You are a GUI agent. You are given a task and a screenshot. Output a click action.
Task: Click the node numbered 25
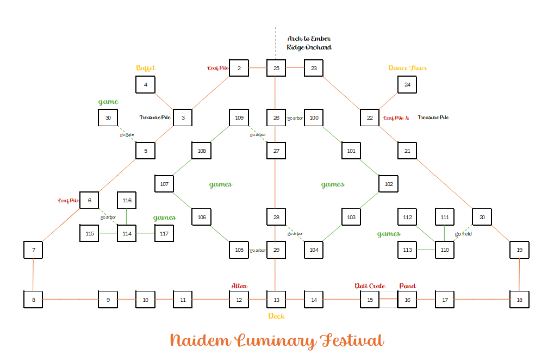click(x=276, y=69)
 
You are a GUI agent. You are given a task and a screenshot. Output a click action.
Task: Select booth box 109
click(x=239, y=117)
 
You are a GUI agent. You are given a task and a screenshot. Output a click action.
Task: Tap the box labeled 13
click(x=276, y=300)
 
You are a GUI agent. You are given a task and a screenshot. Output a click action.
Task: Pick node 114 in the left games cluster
click(x=127, y=233)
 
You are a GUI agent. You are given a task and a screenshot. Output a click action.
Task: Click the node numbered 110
click(x=445, y=250)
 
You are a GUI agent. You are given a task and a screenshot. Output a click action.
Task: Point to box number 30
click(x=108, y=117)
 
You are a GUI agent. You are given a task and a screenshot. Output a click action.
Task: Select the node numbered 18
click(x=519, y=300)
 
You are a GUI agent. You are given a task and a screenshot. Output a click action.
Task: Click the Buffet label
click(x=145, y=68)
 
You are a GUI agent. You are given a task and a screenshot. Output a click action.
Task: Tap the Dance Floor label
click(x=407, y=68)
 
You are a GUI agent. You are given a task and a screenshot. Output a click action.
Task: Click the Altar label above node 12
click(x=239, y=286)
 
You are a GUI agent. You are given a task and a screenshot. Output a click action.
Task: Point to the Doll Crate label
click(x=370, y=286)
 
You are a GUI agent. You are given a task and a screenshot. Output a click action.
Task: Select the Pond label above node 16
click(x=407, y=286)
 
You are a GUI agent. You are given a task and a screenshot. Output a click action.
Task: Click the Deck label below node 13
click(x=276, y=316)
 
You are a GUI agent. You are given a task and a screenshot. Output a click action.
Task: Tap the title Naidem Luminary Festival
click(x=277, y=341)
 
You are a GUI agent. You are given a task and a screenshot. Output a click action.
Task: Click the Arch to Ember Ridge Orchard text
click(x=309, y=43)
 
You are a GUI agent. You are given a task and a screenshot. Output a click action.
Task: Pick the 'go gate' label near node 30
click(x=127, y=134)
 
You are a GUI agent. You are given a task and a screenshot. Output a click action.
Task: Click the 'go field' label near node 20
click(x=463, y=234)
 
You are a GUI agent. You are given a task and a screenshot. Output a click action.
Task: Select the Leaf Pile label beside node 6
click(x=69, y=201)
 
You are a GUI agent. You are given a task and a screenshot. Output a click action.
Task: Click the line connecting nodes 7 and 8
click(x=33, y=275)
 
